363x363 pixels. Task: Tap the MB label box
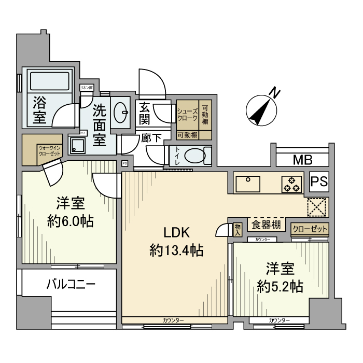pyautogui.click(x=302, y=159)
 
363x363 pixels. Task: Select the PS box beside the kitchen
pyautogui.click(x=319, y=182)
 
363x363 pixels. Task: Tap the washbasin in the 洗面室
pyautogui.click(x=123, y=110)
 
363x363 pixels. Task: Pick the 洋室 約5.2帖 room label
pyautogui.click(x=281, y=277)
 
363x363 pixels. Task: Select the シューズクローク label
pyautogui.click(x=187, y=114)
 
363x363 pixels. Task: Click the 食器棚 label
pyautogui.click(x=267, y=225)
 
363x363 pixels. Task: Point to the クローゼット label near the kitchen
pyautogui.click(x=310, y=228)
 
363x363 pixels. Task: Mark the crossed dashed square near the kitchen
pyautogui.click(x=316, y=206)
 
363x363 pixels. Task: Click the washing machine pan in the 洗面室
pyautogui.click(x=79, y=146)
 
